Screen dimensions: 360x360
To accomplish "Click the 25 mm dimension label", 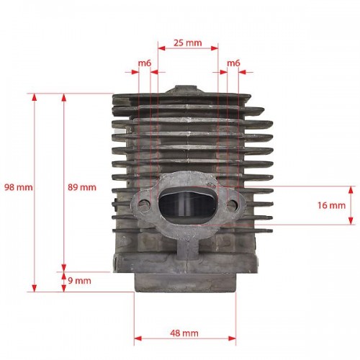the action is tap(187, 43).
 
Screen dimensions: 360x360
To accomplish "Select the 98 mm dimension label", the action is tap(19, 187).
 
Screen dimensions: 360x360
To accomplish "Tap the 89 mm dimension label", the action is tap(82, 187).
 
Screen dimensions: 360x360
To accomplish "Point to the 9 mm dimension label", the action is tap(79, 281).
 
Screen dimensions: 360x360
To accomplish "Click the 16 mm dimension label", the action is tap(332, 205).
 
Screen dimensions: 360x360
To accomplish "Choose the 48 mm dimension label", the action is tap(184, 333).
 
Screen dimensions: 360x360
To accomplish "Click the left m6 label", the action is tap(145, 63).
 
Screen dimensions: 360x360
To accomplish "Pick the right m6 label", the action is tap(233, 63).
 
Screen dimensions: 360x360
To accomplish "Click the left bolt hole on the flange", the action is tap(144, 205).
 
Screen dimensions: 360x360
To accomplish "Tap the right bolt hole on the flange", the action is tap(233, 204).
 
